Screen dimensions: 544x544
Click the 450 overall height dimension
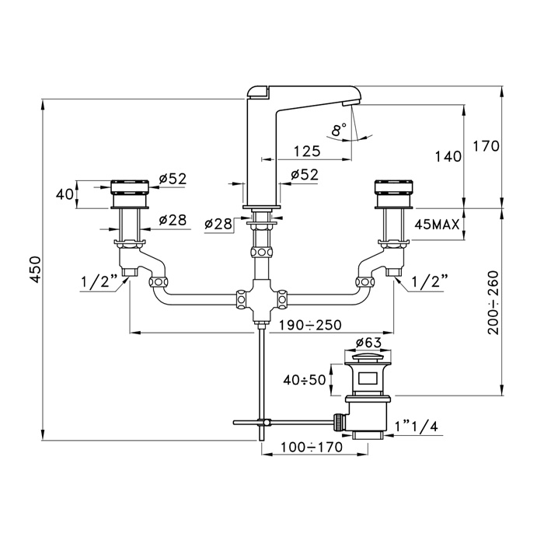tap(36, 270)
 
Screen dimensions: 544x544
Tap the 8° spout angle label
tap(339, 130)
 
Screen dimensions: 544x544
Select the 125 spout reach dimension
tap(307, 152)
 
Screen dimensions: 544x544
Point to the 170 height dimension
tap(486, 146)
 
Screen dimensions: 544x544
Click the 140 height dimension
tap(448, 156)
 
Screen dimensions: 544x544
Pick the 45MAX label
tap(437, 225)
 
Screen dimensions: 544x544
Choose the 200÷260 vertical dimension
tap(493, 302)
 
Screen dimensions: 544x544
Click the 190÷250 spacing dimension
tap(311, 325)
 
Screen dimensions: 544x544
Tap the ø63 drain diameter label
tap(368, 343)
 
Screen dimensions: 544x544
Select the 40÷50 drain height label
tap(305, 380)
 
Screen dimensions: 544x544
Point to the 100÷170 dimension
tap(311, 447)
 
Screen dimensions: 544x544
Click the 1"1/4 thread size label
tap(417, 426)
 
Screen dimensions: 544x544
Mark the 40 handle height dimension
tap(65, 194)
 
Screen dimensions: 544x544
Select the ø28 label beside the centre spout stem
tap(218, 224)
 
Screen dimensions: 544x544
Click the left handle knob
tap(130, 194)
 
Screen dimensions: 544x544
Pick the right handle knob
tap(394, 194)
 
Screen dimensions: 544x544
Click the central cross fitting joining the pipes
tap(262, 298)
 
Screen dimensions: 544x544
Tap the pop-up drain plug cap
tap(368, 358)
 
